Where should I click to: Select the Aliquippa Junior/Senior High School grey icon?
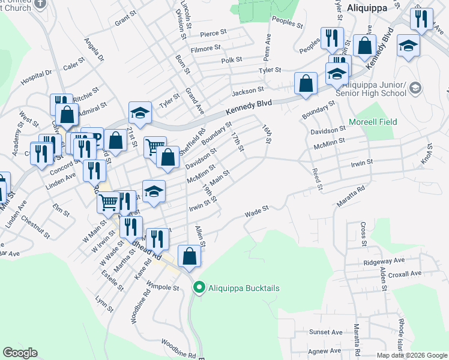[415, 89]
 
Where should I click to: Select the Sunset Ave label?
[325, 332]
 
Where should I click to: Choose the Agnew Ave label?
[324, 350]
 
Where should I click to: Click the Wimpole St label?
[163, 287]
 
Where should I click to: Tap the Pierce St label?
[214, 34]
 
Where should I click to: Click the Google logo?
[19, 353]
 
